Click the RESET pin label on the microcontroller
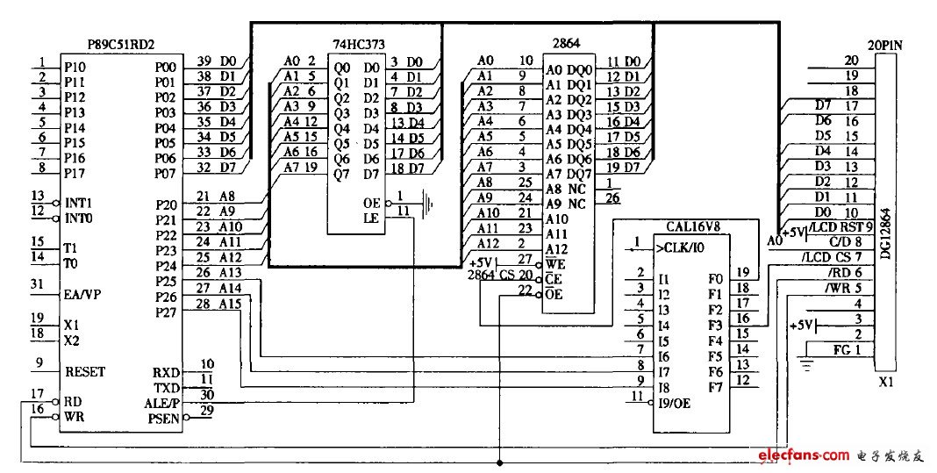84,371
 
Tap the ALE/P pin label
161,402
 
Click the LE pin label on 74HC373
372,219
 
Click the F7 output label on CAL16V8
715,387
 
